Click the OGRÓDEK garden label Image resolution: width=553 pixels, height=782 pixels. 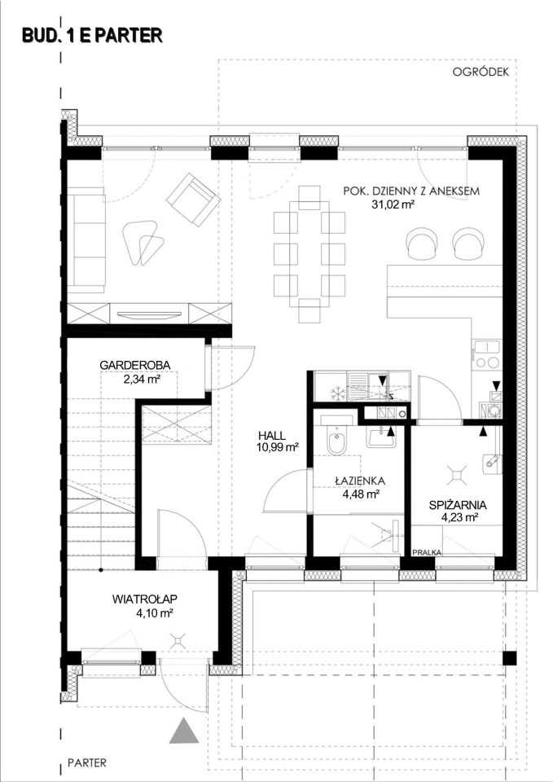(481, 72)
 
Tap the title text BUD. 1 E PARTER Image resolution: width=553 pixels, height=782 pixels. (92, 36)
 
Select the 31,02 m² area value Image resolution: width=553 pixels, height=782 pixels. (394, 204)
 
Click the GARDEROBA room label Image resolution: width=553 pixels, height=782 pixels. (135, 365)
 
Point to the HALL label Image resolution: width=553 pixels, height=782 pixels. (272, 436)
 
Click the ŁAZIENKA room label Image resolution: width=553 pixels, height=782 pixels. (360, 481)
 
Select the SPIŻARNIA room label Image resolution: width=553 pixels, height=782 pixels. (458, 505)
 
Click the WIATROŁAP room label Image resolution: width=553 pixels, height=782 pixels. (145, 599)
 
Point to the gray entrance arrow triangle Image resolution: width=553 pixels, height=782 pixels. (184, 731)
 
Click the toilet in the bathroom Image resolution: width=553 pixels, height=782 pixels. (336, 441)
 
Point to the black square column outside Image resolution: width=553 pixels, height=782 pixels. (509, 658)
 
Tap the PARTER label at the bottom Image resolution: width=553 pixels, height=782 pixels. (87, 762)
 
